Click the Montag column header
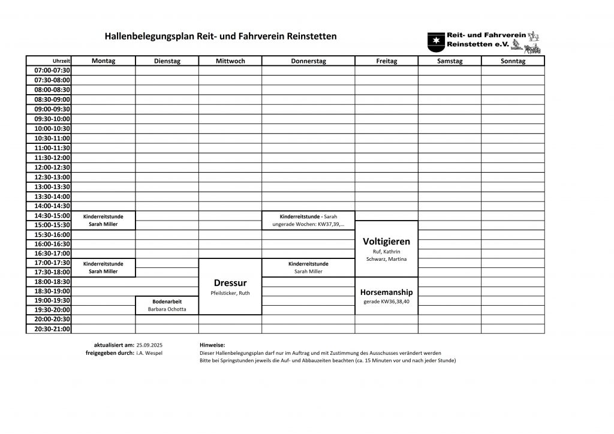(103, 61)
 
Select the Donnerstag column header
(308, 61)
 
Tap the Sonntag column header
(513, 61)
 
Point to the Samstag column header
(449, 61)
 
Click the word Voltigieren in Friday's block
(386, 241)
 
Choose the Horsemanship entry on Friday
(386, 292)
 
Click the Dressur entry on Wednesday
(230, 283)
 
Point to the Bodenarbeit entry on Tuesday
(167, 301)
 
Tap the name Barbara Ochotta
(167, 309)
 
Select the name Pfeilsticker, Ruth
(230, 293)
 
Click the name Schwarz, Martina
(386, 259)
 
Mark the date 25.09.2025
(149, 346)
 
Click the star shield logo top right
(435, 40)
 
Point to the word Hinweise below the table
(212, 346)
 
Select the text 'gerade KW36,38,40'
(386, 301)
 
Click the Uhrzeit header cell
(62, 61)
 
